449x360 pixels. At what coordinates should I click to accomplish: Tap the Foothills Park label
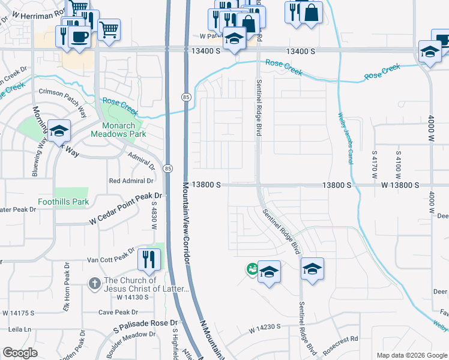[63, 202]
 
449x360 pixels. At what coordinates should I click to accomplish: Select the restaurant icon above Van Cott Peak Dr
[148, 259]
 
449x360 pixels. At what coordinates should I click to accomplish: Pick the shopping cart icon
[109, 29]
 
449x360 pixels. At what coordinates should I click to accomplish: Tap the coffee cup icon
[79, 37]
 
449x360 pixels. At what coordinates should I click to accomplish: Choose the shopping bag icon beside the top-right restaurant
[311, 13]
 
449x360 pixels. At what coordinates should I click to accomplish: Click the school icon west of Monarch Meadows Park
[59, 130]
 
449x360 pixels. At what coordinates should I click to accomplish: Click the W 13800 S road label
[399, 186]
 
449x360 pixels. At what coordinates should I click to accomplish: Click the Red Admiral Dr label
[131, 181]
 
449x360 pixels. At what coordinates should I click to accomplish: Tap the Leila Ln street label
[19, 329]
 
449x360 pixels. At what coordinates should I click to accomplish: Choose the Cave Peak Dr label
[118, 312]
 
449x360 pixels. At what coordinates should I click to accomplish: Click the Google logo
[20, 353]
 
